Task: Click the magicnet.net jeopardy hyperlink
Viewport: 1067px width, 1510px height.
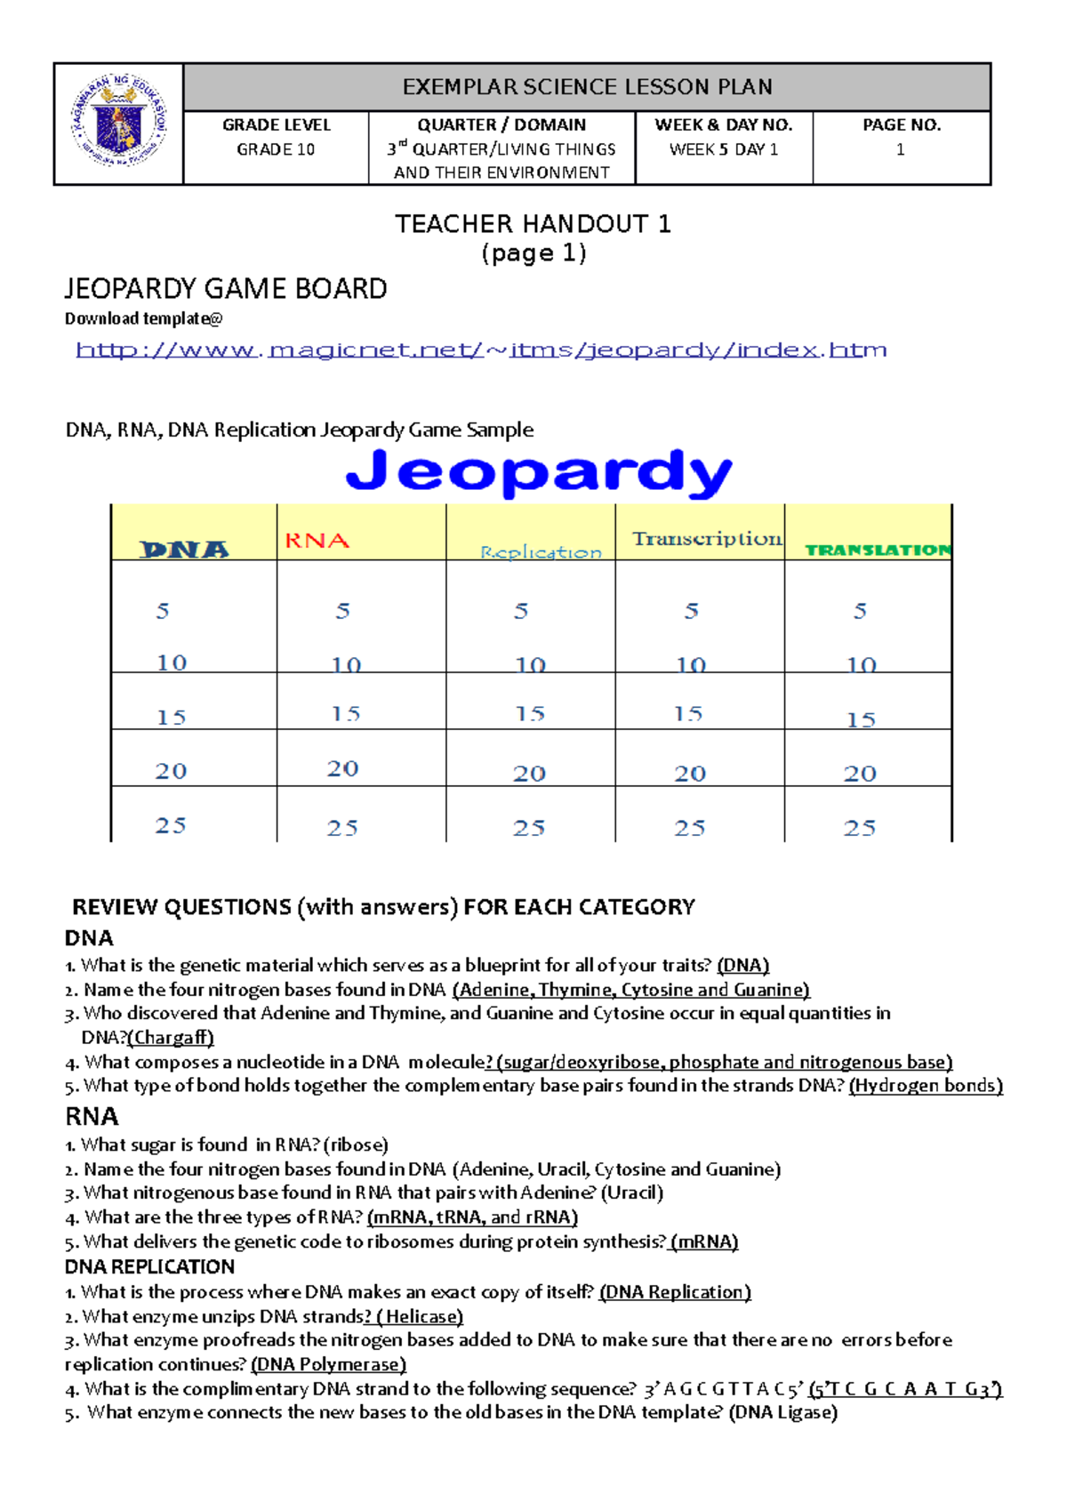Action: (x=481, y=349)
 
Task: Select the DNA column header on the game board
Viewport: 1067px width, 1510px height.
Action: (x=184, y=550)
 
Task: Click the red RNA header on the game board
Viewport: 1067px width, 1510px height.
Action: (x=317, y=541)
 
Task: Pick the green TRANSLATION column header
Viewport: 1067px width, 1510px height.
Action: (x=877, y=550)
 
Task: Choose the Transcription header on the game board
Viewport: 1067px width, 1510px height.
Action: (x=707, y=539)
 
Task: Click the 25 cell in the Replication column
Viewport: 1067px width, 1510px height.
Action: (x=529, y=828)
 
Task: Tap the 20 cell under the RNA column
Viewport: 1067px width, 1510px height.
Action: (x=342, y=769)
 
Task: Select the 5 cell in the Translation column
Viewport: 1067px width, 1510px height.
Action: (x=860, y=611)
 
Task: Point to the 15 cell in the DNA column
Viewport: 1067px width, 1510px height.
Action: (x=171, y=717)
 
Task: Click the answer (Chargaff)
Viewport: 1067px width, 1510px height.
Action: (x=171, y=1037)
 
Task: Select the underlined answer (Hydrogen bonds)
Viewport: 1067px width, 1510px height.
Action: (x=926, y=1085)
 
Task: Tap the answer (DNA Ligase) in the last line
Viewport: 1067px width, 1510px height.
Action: (x=782, y=1412)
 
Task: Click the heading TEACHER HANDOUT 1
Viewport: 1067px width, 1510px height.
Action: (x=533, y=224)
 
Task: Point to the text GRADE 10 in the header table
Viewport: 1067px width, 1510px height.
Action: (x=276, y=149)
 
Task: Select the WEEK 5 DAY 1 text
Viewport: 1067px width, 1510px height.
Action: (x=723, y=149)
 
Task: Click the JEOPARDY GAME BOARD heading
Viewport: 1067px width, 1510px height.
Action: (x=226, y=289)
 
